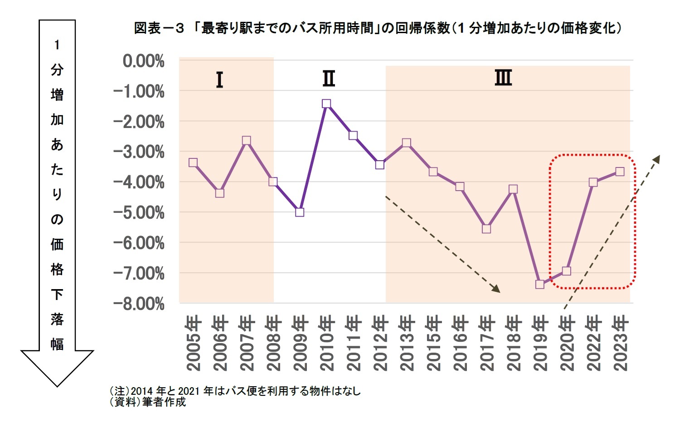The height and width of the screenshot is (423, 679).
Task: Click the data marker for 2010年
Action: pos(326,104)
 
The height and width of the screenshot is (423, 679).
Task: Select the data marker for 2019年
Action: pos(539,285)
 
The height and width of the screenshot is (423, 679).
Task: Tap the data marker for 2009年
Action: pos(300,212)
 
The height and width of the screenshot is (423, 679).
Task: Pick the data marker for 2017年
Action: pos(486,229)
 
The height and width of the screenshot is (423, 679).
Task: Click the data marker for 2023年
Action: pos(620,172)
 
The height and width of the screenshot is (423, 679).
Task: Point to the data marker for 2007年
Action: pos(246,141)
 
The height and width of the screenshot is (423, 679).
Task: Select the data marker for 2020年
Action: pos(566,271)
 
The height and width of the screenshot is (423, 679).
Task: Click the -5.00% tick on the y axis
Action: pos(139,212)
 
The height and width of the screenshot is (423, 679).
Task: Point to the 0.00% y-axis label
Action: pos(143,61)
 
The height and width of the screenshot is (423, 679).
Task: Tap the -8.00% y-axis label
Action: pos(139,304)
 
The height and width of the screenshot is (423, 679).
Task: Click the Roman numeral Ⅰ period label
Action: pos(219,80)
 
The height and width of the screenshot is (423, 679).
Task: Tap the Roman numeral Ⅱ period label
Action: pos(329,79)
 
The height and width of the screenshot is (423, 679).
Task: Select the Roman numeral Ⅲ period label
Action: pos(503,78)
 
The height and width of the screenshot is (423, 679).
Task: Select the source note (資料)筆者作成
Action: pos(148,402)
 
